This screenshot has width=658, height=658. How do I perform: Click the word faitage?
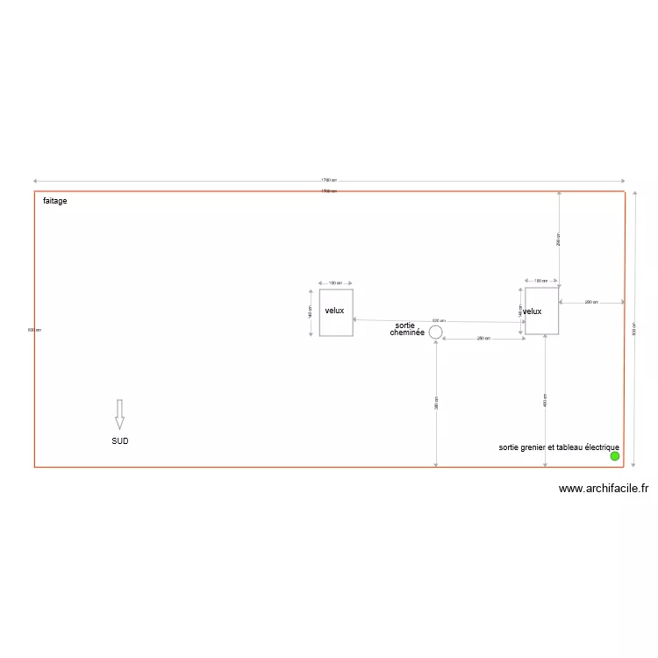pos(55,201)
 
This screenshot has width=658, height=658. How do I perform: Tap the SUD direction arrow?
pos(119,414)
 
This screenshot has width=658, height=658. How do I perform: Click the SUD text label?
pos(120,441)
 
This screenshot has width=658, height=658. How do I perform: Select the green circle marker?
pos(614,456)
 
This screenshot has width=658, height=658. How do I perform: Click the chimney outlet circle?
pos(435,331)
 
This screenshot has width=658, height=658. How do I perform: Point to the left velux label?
pos(334,311)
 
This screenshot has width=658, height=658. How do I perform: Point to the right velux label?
pos(533,311)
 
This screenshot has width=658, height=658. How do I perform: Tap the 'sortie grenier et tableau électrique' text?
pos(559,447)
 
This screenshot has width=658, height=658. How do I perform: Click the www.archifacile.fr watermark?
pos(603,490)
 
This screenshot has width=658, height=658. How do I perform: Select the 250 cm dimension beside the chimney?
pos(483,339)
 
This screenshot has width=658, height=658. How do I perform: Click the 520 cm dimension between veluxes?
pos(439,321)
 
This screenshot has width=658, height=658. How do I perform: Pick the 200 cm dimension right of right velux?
pos(591,302)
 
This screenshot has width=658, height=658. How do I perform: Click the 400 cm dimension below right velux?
pos(546,400)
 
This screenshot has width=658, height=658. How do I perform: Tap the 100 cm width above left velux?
pos(335,283)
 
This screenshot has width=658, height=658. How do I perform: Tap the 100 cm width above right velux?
pos(541,282)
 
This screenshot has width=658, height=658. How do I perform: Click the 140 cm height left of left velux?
pos(310,311)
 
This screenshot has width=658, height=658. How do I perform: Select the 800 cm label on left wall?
pos(34,330)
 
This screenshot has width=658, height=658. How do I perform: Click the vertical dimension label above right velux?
pos(560,238)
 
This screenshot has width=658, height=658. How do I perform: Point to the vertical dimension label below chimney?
pos(436,403)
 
